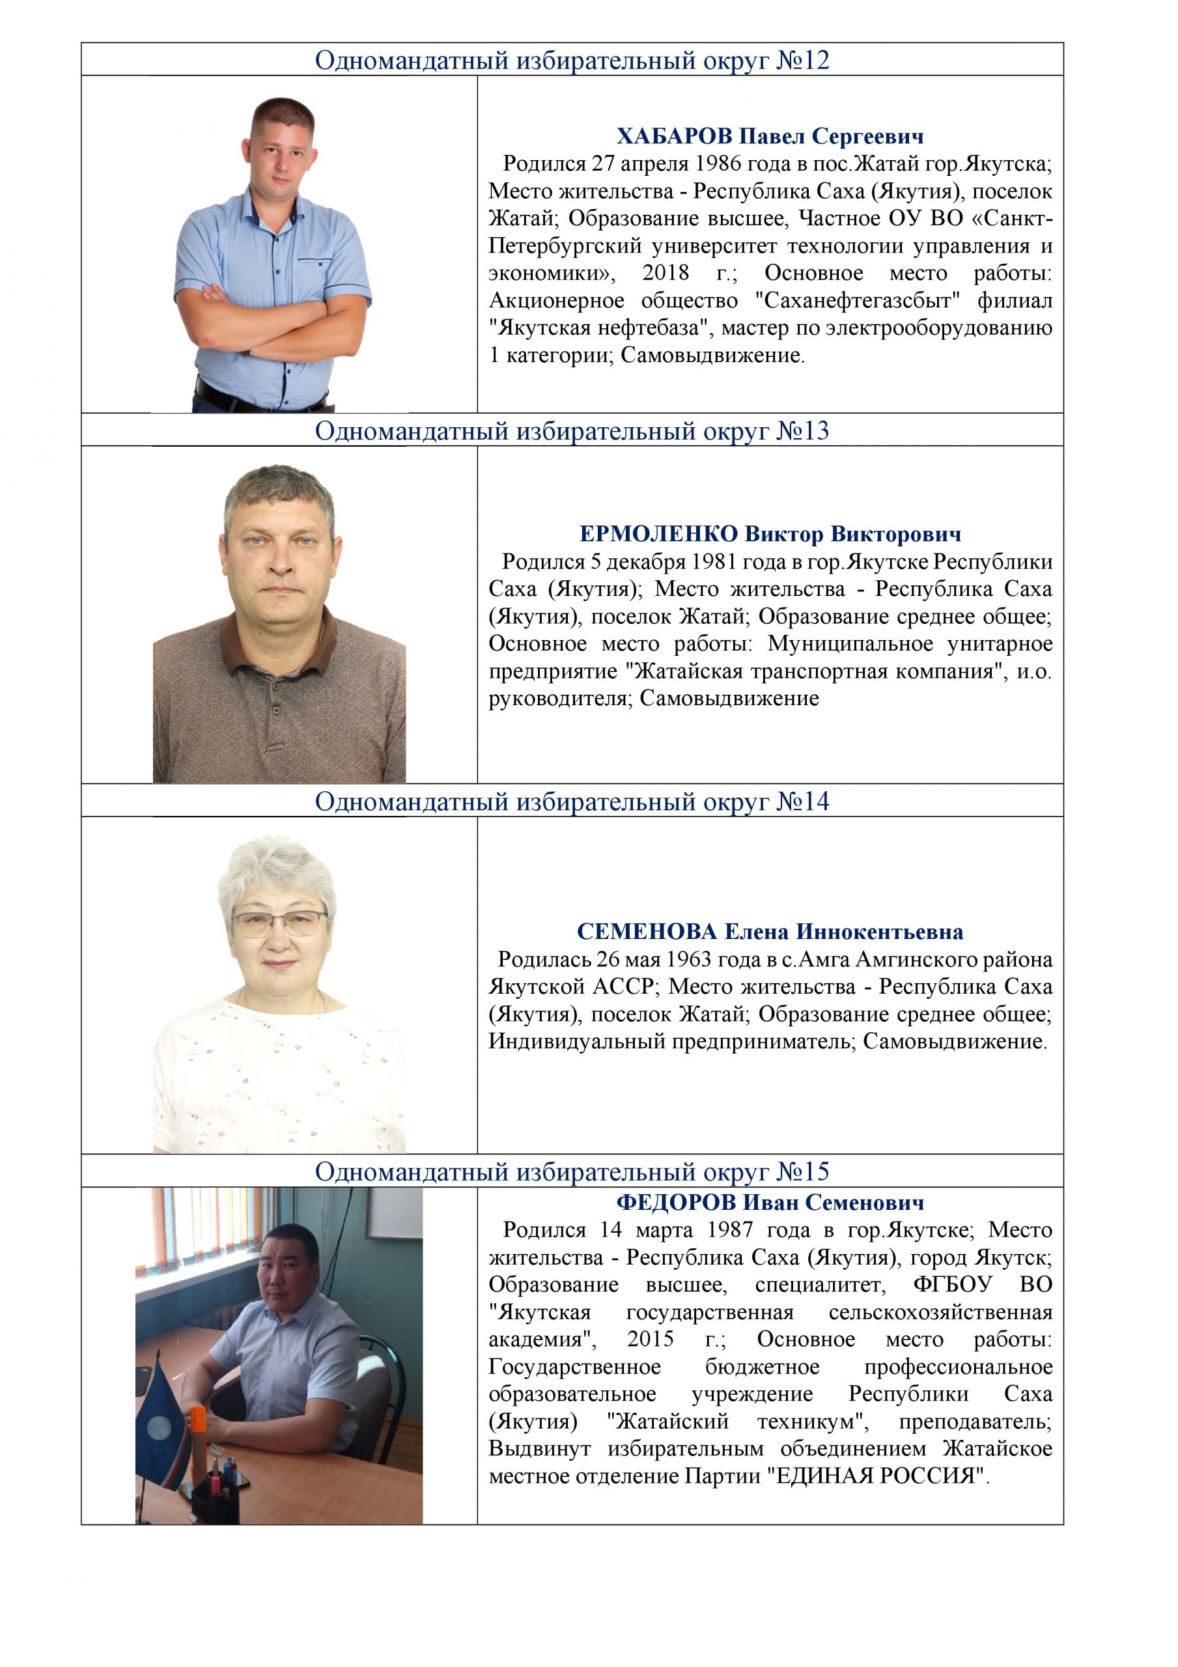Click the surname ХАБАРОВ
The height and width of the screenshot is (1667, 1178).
(x=675, y=137)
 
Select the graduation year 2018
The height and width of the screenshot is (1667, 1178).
(x=666, y=273)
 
